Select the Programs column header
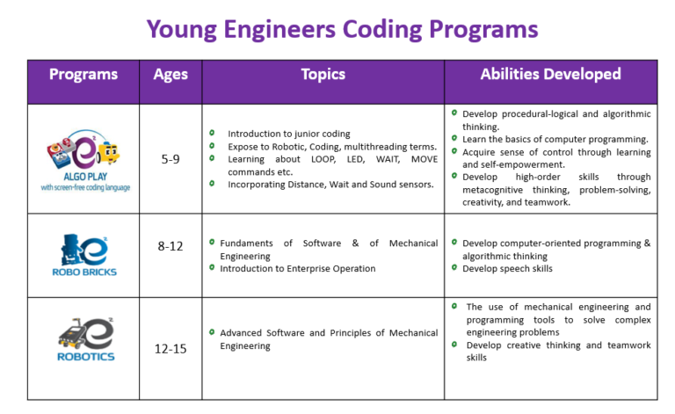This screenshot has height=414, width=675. (x=83, y=74)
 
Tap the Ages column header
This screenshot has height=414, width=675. (x=171, y=74)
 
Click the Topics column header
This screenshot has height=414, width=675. (x=323, y=74)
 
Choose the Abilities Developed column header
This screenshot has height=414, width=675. (x=550, y=74)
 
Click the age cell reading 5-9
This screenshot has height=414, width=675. (x=171, y=160)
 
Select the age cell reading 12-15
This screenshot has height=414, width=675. (x=171, y=349)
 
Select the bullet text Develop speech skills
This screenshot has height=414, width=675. (x=507, y=269)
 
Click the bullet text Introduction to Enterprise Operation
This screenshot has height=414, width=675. (x=297, y=269)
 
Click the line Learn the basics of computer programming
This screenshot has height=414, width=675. (x=555, y=139)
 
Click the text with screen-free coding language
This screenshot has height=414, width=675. (x=84, y=187)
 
